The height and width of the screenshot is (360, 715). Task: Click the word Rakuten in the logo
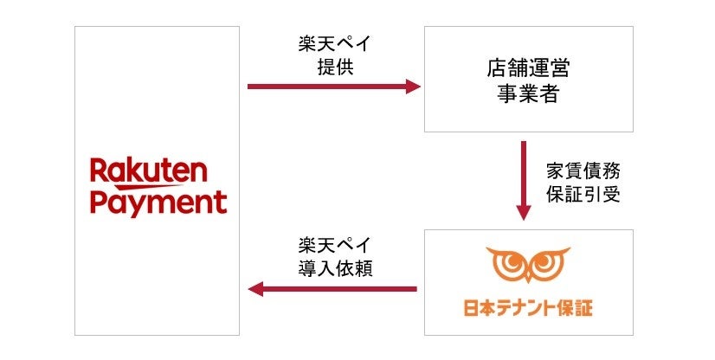149,171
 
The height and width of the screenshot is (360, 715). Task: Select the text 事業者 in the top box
527,93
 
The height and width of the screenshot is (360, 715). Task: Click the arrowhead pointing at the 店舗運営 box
412,87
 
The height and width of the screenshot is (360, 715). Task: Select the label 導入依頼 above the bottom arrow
334,268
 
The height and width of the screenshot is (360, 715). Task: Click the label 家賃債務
583,169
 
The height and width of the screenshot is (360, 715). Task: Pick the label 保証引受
583,194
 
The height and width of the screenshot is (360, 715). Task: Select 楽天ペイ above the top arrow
334,44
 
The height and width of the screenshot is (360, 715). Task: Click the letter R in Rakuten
99,171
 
